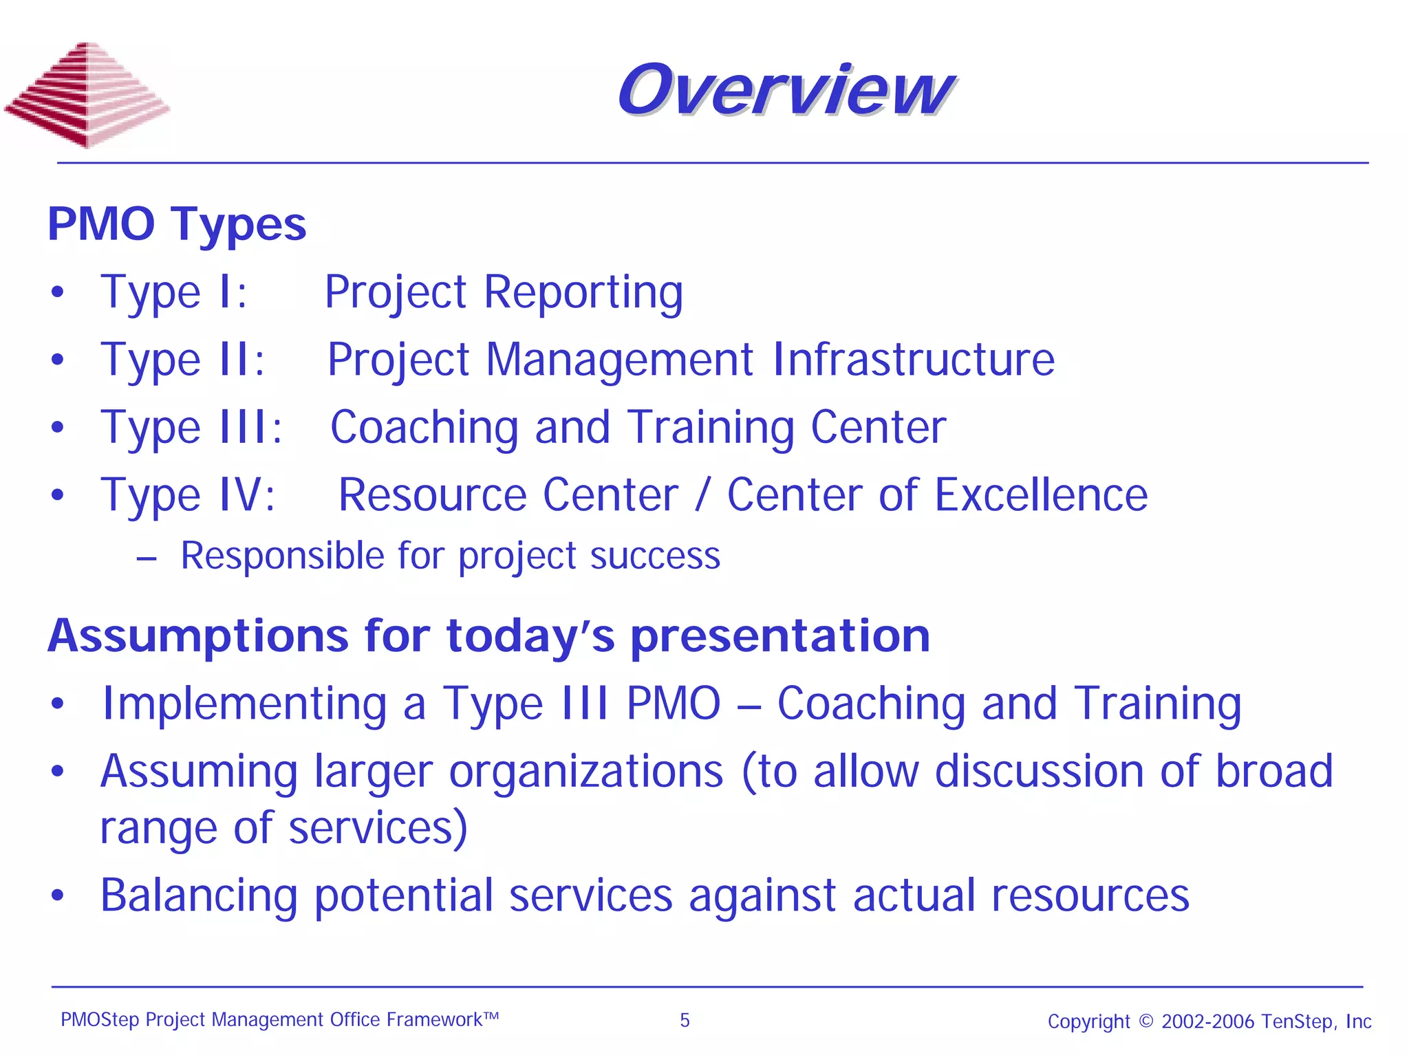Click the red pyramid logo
pos(87,95)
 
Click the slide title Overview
pos(784,89)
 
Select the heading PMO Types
pos(177,224)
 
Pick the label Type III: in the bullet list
pos(191,427)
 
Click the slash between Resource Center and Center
pos(701,495)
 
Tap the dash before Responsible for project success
pos(147,558)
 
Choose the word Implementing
pos(244,704)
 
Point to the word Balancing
pos(199,895)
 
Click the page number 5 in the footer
pos(685,1020)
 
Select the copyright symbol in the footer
pos(1146,1021)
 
